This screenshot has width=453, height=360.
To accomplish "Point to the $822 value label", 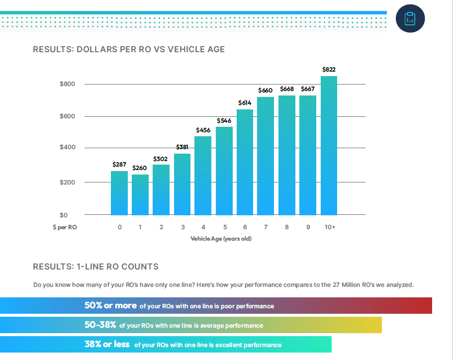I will pos(329,70).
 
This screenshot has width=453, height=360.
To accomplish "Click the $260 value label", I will pos(140,168).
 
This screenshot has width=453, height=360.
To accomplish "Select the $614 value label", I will pos(245,102).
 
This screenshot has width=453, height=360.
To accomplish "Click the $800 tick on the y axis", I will pos(67,84).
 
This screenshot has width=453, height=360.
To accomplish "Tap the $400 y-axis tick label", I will pos(67,148).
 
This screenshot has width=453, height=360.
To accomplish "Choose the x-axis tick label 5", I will pos(224,227).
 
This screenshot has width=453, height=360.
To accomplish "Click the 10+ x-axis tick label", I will pos(329,227).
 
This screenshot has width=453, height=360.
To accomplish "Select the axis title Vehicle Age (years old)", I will pos(221,239).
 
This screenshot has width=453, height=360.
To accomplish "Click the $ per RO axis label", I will pos(65,227).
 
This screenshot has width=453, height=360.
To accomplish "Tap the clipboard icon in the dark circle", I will pos(410,18).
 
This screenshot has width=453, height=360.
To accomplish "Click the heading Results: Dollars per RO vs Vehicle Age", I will pos(129,49).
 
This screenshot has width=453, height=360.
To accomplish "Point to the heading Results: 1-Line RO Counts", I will pos(95,267).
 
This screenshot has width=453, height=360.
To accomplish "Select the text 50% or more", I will pos(110,306).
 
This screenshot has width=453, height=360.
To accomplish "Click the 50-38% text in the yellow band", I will pos(100,325).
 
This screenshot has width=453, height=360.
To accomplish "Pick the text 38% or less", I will pos(107,345).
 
